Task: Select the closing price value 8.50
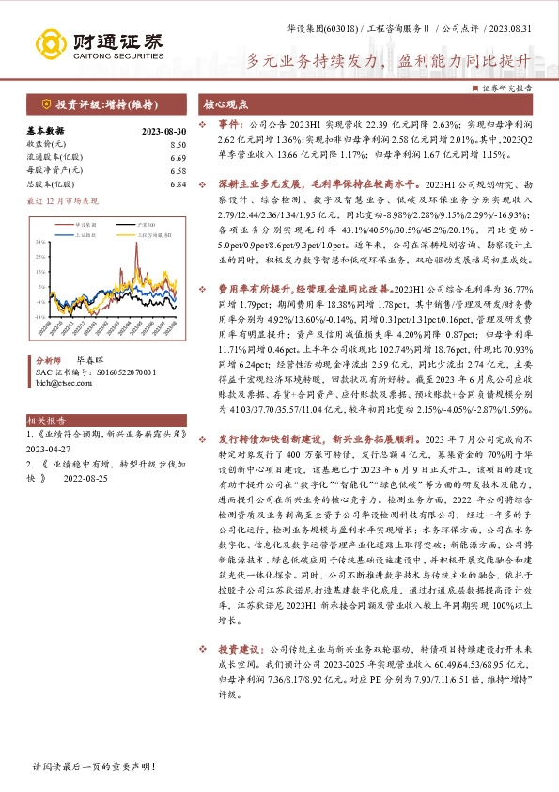[x=179, y=145]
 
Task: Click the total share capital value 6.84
[x=179, y=184]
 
